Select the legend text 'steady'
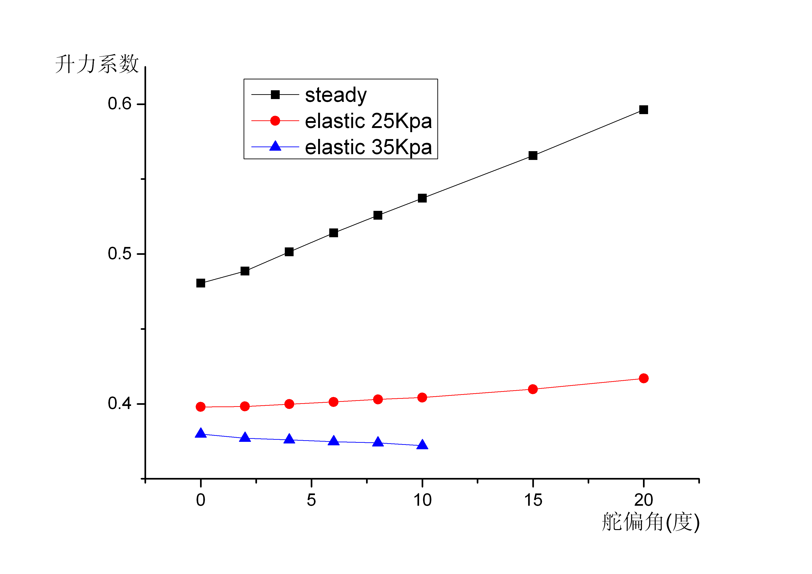336,95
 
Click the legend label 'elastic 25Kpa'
368,121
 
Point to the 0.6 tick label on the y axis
119,104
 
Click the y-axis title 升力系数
97,64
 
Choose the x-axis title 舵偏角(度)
650,522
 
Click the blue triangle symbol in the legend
275,146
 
